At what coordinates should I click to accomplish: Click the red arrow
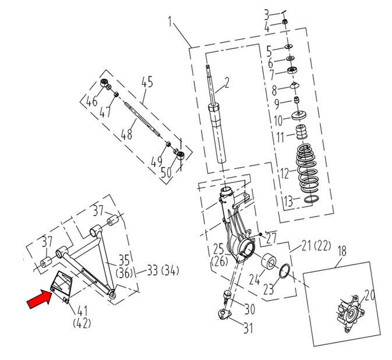(40, 299)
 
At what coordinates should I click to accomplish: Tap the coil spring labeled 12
(306, 168)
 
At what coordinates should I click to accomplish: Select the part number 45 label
(147, 82)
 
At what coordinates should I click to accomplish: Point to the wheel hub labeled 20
(351, 314)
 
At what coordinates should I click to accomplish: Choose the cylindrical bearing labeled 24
(269, 263)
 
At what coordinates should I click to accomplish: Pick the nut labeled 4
(284, 22)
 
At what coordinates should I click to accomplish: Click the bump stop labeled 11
(302, 132)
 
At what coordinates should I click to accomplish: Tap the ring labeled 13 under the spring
(312, 199)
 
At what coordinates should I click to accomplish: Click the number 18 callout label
(342, 251)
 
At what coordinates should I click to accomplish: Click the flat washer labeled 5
(289, 47)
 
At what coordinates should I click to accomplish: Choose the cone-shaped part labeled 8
(295, 85)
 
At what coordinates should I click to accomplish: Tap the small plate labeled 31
(224, 315)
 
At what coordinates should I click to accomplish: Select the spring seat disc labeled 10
(299, 116)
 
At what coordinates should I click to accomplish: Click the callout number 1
(170, 22)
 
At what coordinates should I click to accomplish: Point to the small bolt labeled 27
(260, 234)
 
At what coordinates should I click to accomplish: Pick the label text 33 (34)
(163, 271)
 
